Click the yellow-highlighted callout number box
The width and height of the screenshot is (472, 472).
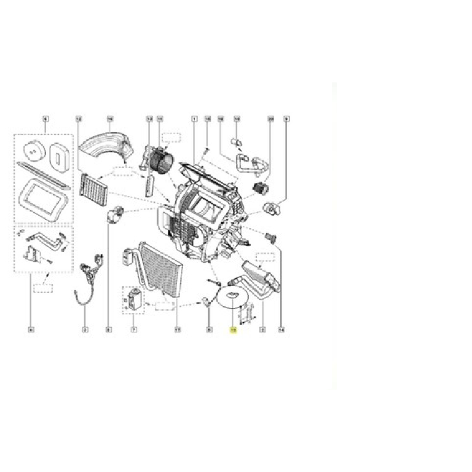233,330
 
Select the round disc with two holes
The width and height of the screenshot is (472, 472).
29,149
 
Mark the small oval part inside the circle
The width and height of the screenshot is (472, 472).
232,296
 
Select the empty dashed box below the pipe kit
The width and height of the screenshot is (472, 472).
42,287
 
